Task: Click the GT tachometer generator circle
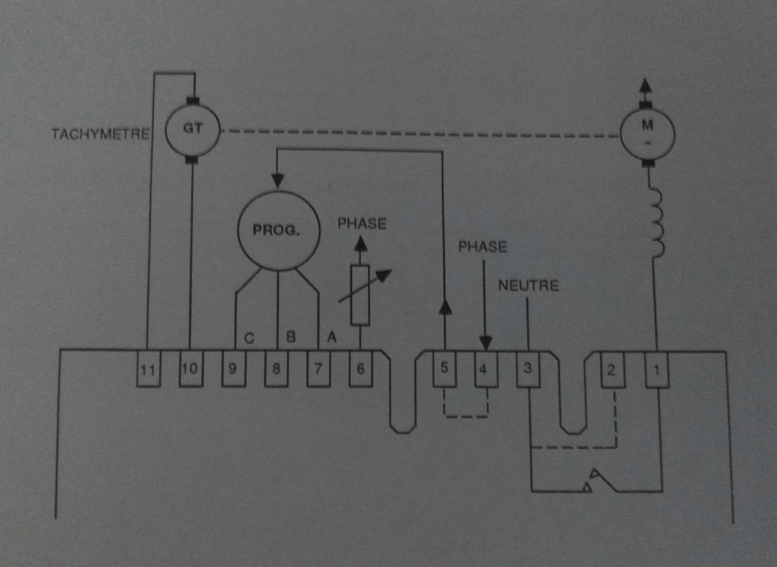(191, 130)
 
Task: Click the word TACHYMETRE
(100, 134)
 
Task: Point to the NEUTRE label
(528, 285)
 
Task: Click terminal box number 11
(148, 368)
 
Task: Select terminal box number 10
(190, 368)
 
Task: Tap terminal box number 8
(276, 368)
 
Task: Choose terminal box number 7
(319, 368)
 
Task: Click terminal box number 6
(361, 368)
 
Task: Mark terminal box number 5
(444, 368)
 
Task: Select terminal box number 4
(486, 368)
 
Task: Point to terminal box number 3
(528, 368)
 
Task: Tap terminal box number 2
(612, 368)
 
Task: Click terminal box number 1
(656, 368)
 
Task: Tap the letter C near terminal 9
(248, 337)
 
